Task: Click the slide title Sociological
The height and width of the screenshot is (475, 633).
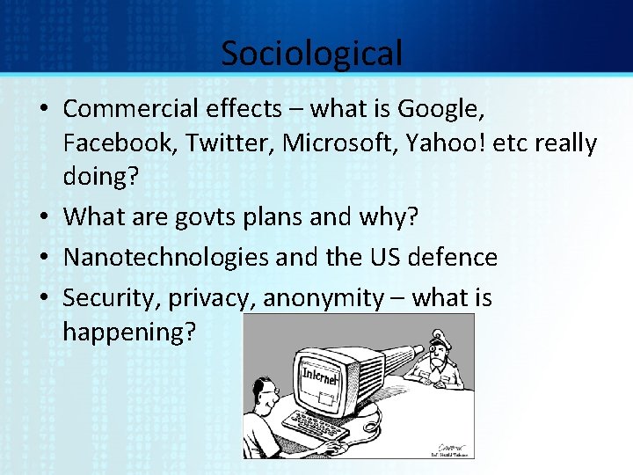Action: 311,53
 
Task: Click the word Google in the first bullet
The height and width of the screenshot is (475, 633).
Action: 439,110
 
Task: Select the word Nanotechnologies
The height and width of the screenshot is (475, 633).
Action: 166,257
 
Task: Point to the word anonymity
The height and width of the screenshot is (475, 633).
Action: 324,299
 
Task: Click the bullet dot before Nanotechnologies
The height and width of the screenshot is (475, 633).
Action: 50,258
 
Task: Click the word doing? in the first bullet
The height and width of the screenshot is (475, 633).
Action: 101,175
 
